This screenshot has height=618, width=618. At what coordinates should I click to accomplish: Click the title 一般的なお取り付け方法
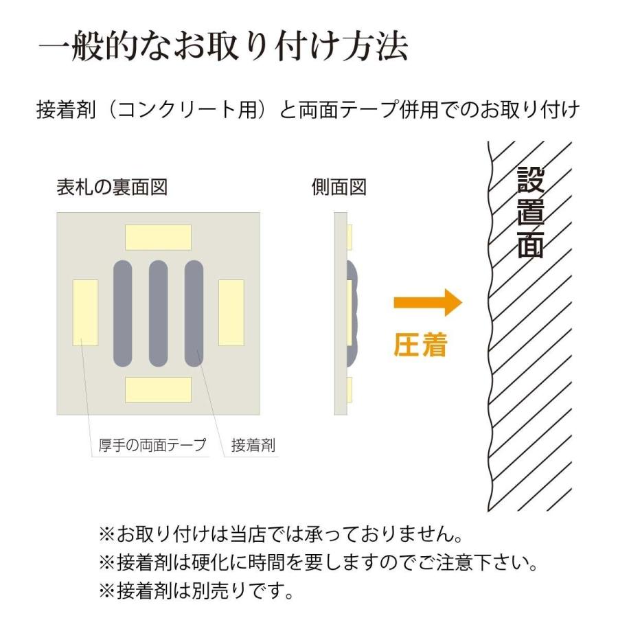point(224,48)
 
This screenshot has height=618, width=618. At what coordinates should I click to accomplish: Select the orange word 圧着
point(420,345)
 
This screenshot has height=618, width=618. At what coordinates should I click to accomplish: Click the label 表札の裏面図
point(112,187)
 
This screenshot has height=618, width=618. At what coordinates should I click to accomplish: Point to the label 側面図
point(339,187)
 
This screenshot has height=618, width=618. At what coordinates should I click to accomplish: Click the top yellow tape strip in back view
point(158,237)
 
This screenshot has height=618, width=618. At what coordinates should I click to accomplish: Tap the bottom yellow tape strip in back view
point(158,389)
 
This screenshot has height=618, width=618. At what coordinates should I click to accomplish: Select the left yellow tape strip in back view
point(85,312)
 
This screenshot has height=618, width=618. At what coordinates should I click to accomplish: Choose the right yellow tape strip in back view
point(231,312)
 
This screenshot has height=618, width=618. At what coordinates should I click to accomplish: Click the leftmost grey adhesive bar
point(122,312)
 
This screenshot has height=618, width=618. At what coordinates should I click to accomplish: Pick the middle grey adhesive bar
point(158,312)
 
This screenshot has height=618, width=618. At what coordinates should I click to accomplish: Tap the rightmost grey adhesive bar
point(194,312)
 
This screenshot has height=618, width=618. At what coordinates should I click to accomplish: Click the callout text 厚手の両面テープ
point(148,445)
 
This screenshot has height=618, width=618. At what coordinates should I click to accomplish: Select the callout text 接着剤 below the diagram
point(253,445)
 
